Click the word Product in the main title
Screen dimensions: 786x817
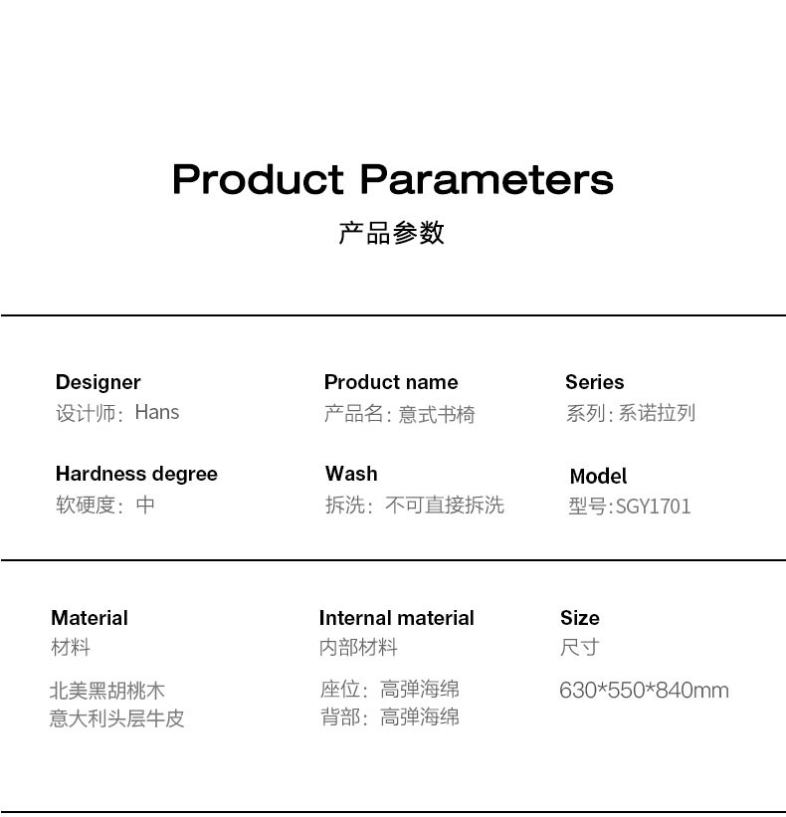(x=258, y=179)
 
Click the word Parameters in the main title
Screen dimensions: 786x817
(x=487, y=179)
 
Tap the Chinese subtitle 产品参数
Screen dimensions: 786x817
(x=392, y=233)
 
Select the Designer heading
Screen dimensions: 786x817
(x=98, y=382)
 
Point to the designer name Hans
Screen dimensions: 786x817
(x=157, y=412)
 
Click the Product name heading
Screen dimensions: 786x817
(x=391, y=382)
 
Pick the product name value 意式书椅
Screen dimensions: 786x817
(x=437, y=414)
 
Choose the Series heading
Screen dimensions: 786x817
(x=594, y=382)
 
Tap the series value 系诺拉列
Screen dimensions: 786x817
(x=657, y=413)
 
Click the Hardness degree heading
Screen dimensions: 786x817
(x=136, y=474)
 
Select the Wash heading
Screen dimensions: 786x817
(x=351, y=474)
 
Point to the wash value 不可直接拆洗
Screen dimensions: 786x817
(x=445, y=505)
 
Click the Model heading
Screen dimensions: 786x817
(x=598, y=477)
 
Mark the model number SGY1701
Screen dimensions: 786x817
(x=654, y=507)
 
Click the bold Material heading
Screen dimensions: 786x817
(x=90, y=618)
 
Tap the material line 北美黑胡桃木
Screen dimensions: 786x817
(x=107, y=691)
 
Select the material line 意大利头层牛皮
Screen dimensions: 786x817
(x=116, y=718)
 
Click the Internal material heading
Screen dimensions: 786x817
(x=396, y=618)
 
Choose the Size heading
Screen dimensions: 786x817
(x=580, y=618)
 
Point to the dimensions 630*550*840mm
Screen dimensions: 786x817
(x=645, y=691)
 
